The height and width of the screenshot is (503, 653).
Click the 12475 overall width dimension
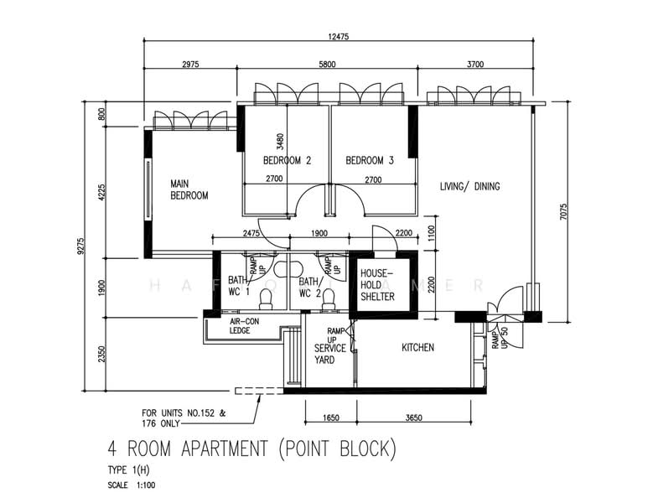pos(338,36)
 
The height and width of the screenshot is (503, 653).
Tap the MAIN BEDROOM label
pos(189,189)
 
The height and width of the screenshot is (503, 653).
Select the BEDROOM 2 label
pos(287,160)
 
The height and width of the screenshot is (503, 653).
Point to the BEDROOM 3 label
pos(370,160)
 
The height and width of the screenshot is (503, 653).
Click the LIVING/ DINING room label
pos(469,186)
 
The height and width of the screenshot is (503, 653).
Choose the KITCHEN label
pos(417,347)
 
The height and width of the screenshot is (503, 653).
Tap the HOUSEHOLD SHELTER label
pos(377,285)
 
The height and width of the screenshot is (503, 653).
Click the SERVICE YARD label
pos(329,354)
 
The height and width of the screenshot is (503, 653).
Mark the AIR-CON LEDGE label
pos(244,325)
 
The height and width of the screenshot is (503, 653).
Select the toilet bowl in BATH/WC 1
pos(266,300)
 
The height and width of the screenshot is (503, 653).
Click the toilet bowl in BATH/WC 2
pos(329,300)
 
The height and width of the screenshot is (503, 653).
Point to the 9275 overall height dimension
pos(80,246)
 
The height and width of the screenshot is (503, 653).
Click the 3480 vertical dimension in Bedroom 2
pos(280,142)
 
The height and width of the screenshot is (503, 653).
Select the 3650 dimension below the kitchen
pos(413,417)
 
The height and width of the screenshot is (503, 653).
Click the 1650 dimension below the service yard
pos(330,417)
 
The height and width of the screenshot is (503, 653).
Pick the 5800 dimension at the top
pos(327,64)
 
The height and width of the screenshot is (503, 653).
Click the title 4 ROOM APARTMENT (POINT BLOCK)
pos(251,449)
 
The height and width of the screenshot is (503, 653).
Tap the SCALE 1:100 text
pos(131,485)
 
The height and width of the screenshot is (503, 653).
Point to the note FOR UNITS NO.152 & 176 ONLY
pos(184,418)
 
